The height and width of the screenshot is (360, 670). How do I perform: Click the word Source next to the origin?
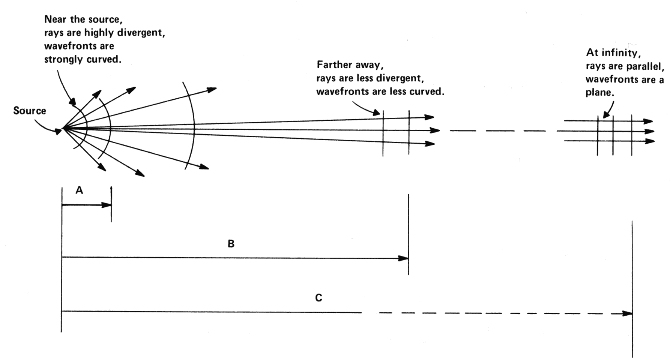pyautogui.click(x=30, y=111)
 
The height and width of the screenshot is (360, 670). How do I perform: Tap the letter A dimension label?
pyautogui.click(x=79, y=190)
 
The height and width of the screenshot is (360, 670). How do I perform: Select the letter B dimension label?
pyautogui.click(x=231, y=244)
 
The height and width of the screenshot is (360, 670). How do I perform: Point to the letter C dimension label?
pyautogui.click(x=318, y=298)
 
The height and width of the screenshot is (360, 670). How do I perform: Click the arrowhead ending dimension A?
pyautogui.click(x=107, y=205)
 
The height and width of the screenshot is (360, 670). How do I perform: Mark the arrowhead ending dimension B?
pyautogui.click(x=404, y=258)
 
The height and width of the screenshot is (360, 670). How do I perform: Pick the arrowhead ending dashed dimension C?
pyautogui.click(x=628, y=313)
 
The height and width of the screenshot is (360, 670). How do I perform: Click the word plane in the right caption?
pyautogui.click(x=599, y=93)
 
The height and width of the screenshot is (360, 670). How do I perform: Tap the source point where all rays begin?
pyautogui.click(x=64, y=128)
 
